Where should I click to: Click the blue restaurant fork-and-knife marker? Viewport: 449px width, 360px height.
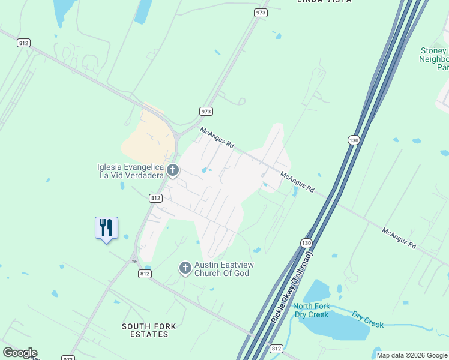tap(106, 228)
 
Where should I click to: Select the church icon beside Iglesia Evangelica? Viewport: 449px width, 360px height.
tap(173, 171)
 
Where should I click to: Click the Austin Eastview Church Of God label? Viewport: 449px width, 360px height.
tap(221, 269)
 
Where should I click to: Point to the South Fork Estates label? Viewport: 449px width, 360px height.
tap(149, 330)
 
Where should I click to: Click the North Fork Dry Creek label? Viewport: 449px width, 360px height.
tap(311, 310)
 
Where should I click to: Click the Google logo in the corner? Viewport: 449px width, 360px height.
tap(20, 353)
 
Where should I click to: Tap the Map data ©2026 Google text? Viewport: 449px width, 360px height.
tap(412, 355)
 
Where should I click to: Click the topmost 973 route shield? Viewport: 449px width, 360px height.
tap(261, 13)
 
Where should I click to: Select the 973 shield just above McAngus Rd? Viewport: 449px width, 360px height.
tap(206, 111)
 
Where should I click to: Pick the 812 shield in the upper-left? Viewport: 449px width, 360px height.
tap(24, 43)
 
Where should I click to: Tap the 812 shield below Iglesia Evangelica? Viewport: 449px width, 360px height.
tap(155, 197)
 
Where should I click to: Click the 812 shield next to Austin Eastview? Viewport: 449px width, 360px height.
tap(145, 274)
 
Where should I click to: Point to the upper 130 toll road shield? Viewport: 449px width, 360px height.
tap(354, 139)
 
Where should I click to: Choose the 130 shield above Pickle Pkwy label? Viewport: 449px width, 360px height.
tap(306, 242)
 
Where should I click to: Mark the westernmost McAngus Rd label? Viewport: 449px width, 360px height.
tap(217, 138)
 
